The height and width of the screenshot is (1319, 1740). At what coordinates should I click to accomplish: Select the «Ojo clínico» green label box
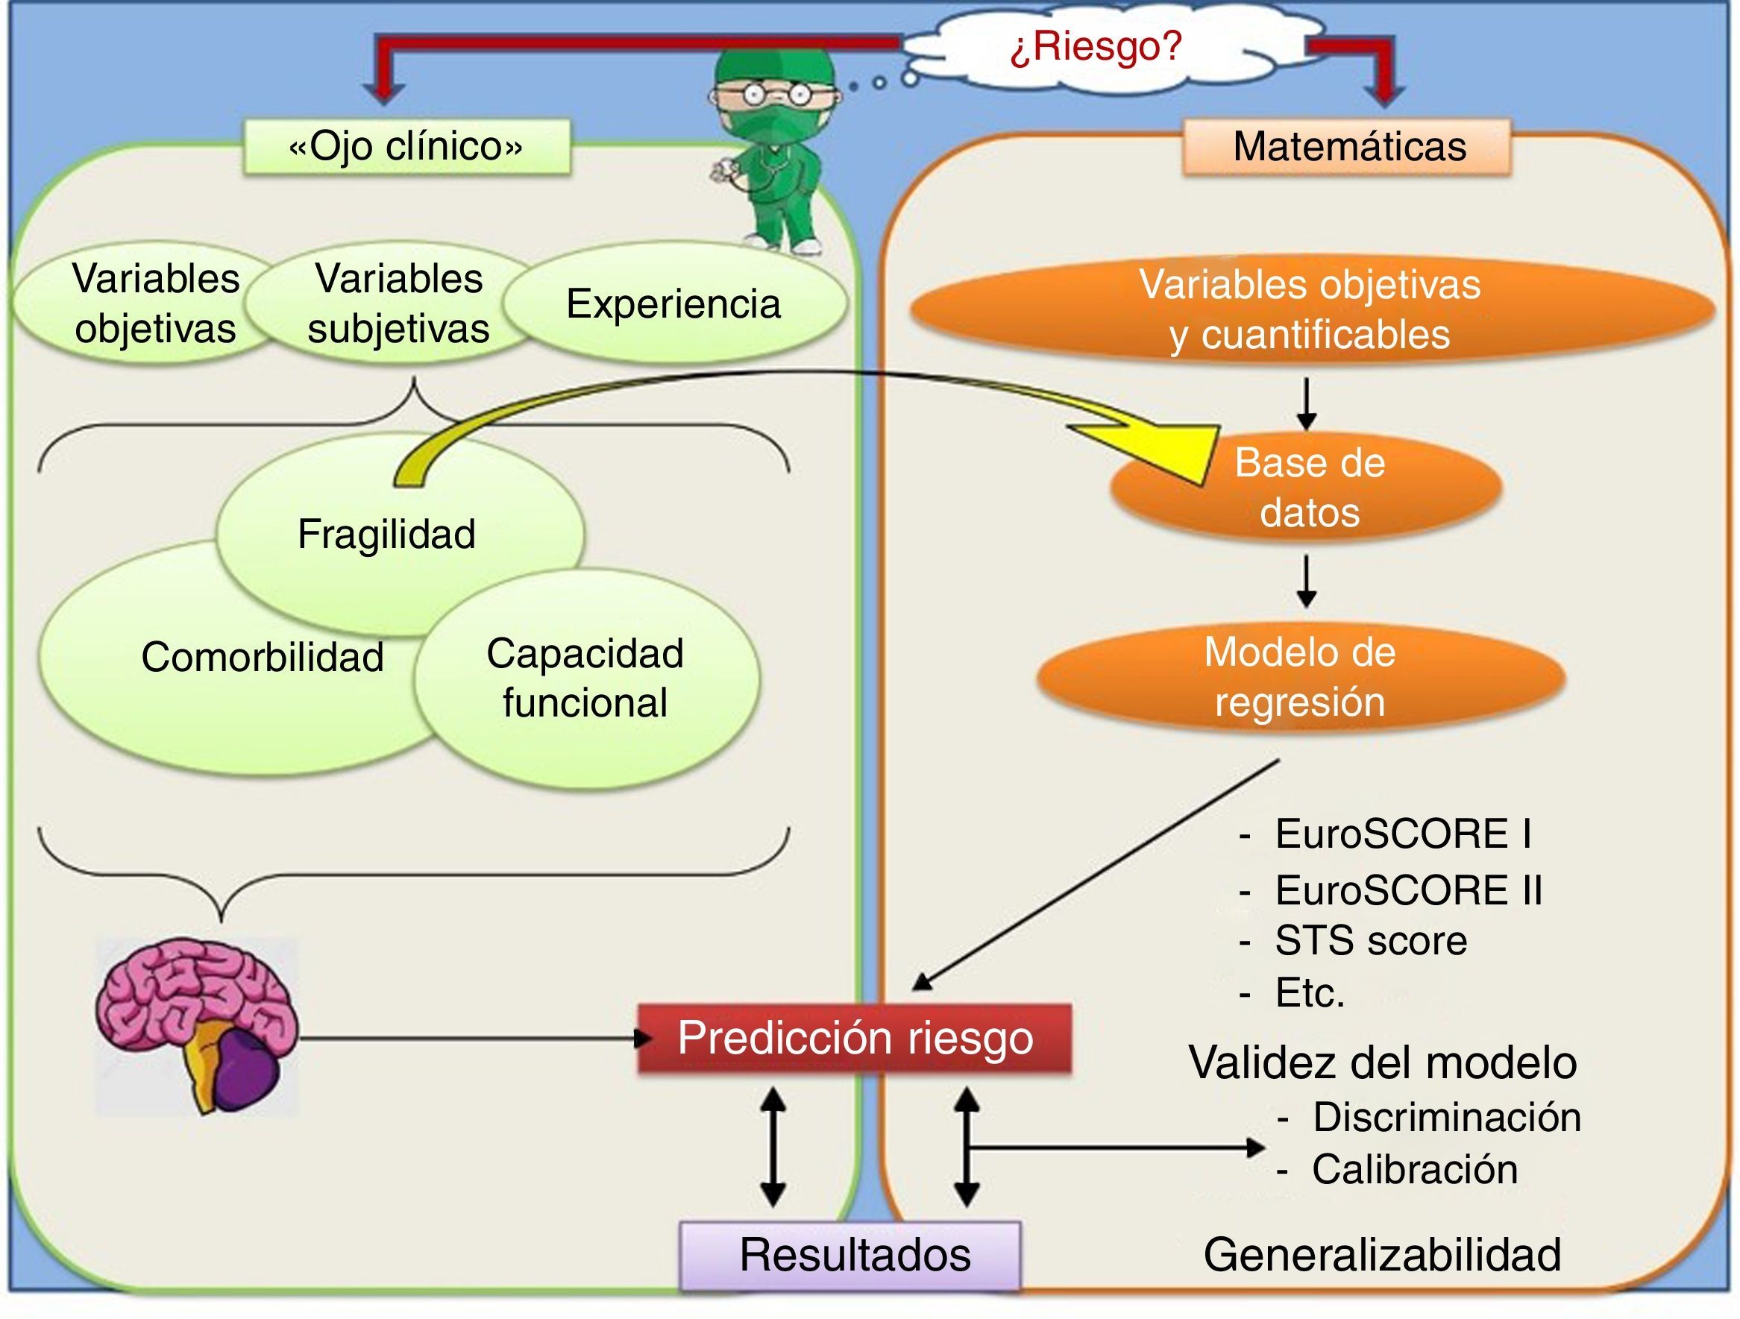(x=406, y=146)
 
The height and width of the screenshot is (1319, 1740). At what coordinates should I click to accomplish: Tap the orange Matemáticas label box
(x=1348, y=147)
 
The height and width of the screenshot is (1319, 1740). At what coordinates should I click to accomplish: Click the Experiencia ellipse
(x=673, y=303)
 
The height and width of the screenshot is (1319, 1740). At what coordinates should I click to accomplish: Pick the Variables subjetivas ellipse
(x=398, y=303)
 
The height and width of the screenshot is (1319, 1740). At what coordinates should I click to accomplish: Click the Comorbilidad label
(x=262, y=658)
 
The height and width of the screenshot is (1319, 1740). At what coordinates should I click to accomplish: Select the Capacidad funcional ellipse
(x=585, y=678)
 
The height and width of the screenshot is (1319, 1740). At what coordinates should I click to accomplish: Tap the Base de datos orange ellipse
(x=1309, y=488)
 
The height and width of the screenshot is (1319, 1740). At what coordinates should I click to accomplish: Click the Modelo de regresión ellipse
(x=1299, y=677)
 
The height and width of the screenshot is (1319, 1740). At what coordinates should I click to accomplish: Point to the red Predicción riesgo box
(x=854, y=1038)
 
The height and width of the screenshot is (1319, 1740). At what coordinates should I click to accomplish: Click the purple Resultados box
(x=851, y=1255)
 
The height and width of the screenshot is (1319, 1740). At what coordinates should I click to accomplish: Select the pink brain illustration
(x=197, y=1022)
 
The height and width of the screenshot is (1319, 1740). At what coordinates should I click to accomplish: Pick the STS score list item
(x=1370, y=941)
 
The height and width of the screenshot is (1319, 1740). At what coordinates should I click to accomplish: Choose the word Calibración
(x=1413, y=1169)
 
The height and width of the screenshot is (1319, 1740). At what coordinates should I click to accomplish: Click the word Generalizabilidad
(x=1382, y=1255)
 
